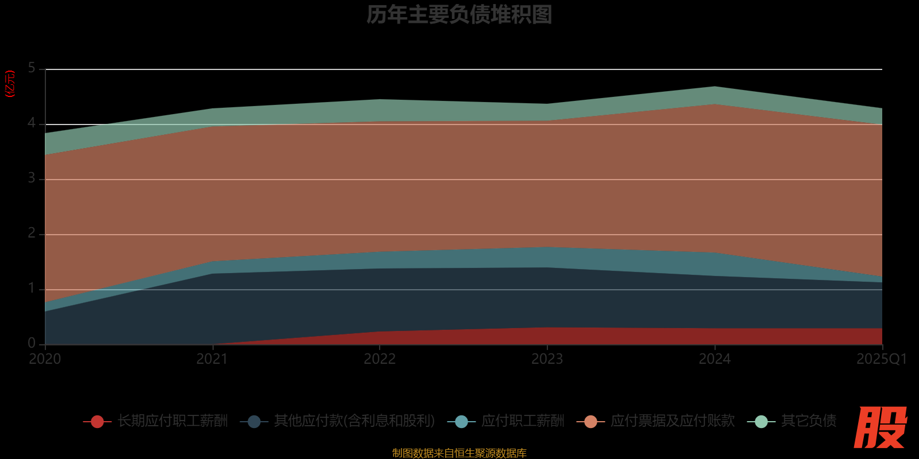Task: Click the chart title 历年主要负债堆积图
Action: pyautogui.click(x=459, y=15)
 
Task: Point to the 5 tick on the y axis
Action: pyautogui.click(x=32, y=68)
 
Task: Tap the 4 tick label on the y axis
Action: pyautogui.click(x=32, y=123)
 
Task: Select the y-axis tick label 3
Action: pyautogui.click(x=32, y=178)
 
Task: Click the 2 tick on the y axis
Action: pyautogui.click(x=32, y=234)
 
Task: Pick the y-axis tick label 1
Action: pyautogui.click(x=32, y=289)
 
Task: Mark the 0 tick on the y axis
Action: pyautogui.click(x=32, y=343)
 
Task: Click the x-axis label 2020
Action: pyautogui.click(x=45, y=359)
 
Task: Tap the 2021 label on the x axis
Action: pyautogui.click(x=212, y=359)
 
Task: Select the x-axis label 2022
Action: pyautogui.click(x=380, y=359)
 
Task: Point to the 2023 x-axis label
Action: pyautogui.click(x=547, y=359)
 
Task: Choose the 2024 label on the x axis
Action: pyautogui.click(x=715, y=359)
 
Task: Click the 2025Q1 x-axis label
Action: pyautogui.click(x=881, y=359)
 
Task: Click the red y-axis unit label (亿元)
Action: pyautogui.click(x=10, y=84)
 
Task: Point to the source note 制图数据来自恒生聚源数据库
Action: pyautogui.click(x=459, y=453)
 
